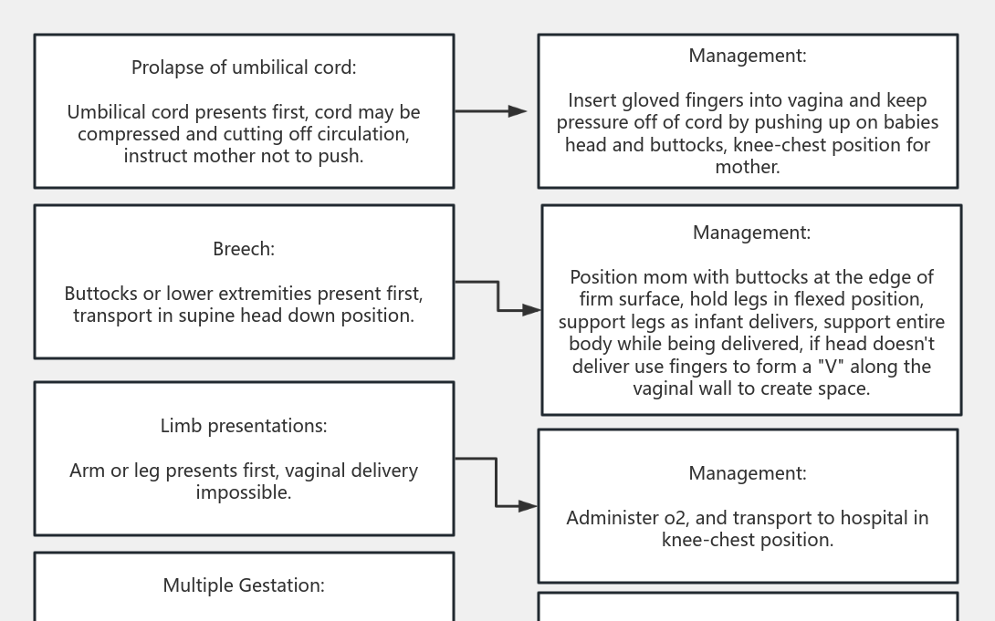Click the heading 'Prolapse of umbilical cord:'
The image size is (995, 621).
244,67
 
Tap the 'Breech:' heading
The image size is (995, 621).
244,249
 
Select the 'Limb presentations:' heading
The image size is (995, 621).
244,426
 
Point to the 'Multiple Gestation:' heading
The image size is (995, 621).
244,585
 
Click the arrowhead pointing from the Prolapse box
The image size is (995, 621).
518,111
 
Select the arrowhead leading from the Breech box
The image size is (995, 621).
532,310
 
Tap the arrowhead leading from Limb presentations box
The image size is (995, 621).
529,505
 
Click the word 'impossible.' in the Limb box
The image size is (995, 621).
244,492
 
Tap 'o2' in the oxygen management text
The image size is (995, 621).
675,518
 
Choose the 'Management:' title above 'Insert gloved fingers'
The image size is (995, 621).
748,56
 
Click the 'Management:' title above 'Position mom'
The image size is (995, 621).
751,233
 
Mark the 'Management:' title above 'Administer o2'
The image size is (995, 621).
748,473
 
